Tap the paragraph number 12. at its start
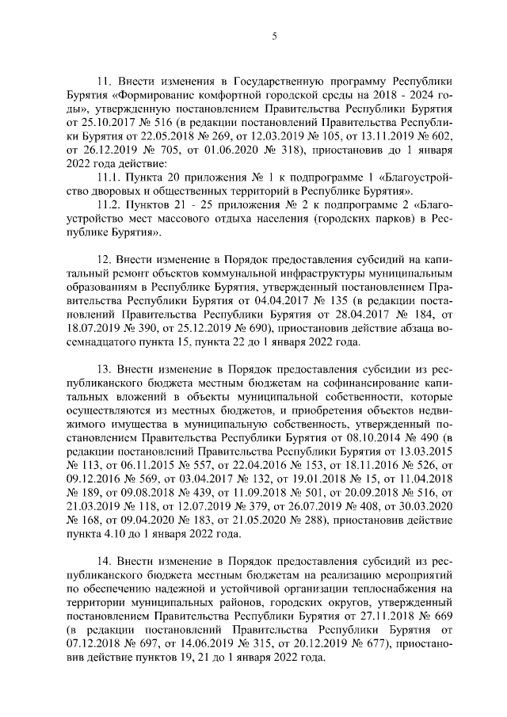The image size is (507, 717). pos(103,259)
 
